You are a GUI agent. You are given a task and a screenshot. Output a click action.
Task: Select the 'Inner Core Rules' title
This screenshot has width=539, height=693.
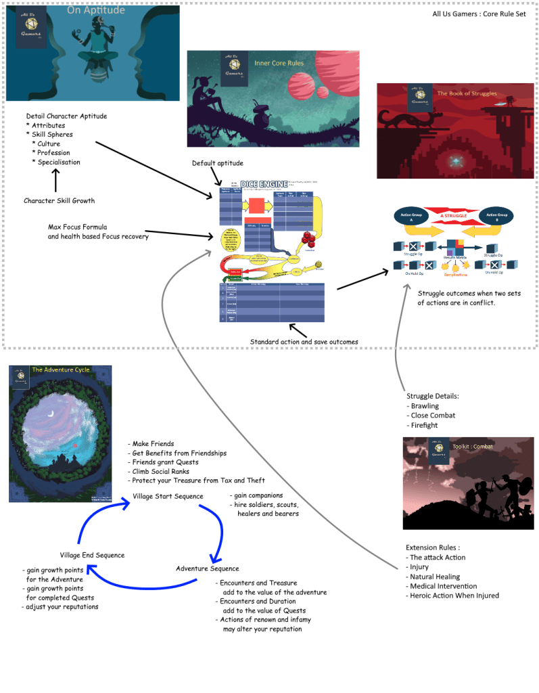point(279,64)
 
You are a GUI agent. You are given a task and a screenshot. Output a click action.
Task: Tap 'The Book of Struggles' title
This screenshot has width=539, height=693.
point(467,94)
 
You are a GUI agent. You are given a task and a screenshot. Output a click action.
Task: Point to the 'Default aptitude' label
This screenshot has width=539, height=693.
point(217,163)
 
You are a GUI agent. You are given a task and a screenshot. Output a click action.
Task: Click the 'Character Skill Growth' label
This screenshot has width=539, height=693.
point(60,201)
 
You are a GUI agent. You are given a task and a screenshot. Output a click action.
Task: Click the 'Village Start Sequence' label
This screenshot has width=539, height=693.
point(168,496)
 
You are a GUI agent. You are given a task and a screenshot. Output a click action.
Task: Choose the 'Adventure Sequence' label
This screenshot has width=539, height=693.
point(207,568)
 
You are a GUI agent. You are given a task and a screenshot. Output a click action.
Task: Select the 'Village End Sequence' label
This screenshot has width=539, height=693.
point(92,555)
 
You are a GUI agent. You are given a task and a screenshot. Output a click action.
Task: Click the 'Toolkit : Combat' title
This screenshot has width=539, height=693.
point(473,447)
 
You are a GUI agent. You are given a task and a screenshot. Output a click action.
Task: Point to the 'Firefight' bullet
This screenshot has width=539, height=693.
point(424,426)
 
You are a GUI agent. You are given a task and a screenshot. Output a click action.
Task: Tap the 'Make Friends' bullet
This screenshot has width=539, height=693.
point(153,443)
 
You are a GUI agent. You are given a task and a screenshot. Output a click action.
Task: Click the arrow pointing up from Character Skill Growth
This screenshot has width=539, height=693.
point(55,181)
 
